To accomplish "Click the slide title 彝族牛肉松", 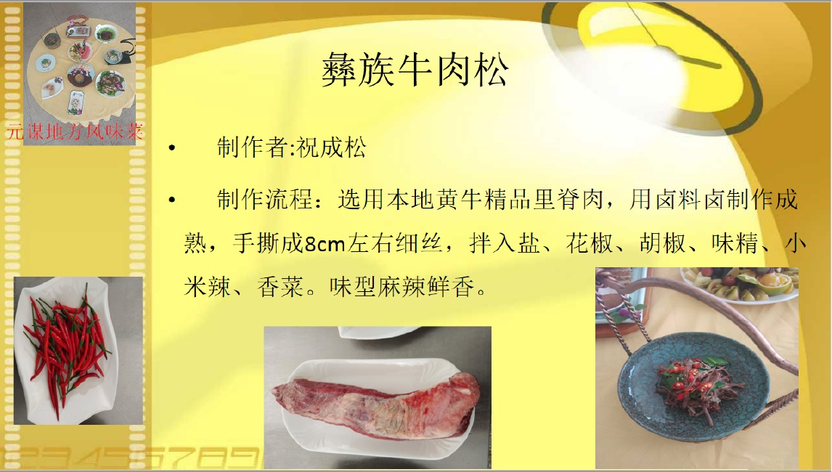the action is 415,70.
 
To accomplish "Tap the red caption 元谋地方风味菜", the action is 75,131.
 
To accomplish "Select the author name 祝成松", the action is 331,147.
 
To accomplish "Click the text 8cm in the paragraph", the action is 325,244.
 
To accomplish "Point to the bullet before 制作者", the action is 171,148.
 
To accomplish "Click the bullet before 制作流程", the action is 171,200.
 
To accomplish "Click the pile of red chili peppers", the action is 66,348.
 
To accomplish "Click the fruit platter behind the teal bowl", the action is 741,285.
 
